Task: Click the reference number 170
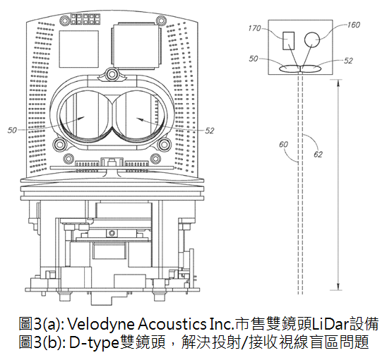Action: pyautogui.click(x=254, y=28)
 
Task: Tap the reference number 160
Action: pyautogui.click(x=353, y=25)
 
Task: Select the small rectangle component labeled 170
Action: pyautogui.click(x=288, y=41)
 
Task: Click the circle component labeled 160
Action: pyautogui.click(x=312, y=40)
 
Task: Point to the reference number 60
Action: pyautogui.click(x=283, y=144)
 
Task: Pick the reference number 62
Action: pyautogui.click(x=318, y=155)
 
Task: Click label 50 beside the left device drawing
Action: pyautogui.click(x=12, y=130)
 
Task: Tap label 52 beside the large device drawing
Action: pyautogui.click(x=209, y=131)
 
